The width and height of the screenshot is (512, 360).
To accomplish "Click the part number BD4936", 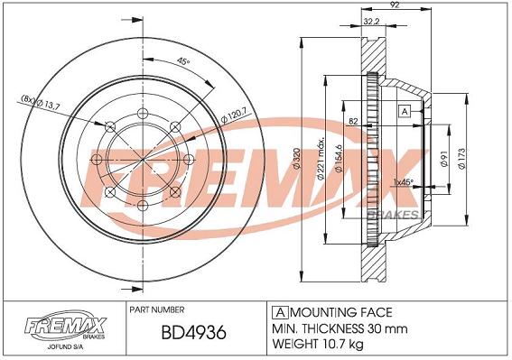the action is tap(193, 333).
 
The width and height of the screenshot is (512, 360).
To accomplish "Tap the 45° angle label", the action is tap(183, 61).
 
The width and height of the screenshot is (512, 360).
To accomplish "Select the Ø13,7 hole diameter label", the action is tap(41, 102).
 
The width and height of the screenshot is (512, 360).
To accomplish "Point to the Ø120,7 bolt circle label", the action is tap(234, 115).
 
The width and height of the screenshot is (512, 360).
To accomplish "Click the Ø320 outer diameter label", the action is tap(297, 158).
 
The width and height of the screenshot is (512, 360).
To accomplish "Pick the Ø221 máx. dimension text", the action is tap(321, 158).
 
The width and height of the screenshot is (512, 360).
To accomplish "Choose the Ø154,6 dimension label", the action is tap(339, 158).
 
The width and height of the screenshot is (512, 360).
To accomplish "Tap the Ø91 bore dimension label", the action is tap(443, 159).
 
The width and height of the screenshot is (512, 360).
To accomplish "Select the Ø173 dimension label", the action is tap(461, 159).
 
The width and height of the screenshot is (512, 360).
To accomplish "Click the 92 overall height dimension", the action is tap(396, 5).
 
